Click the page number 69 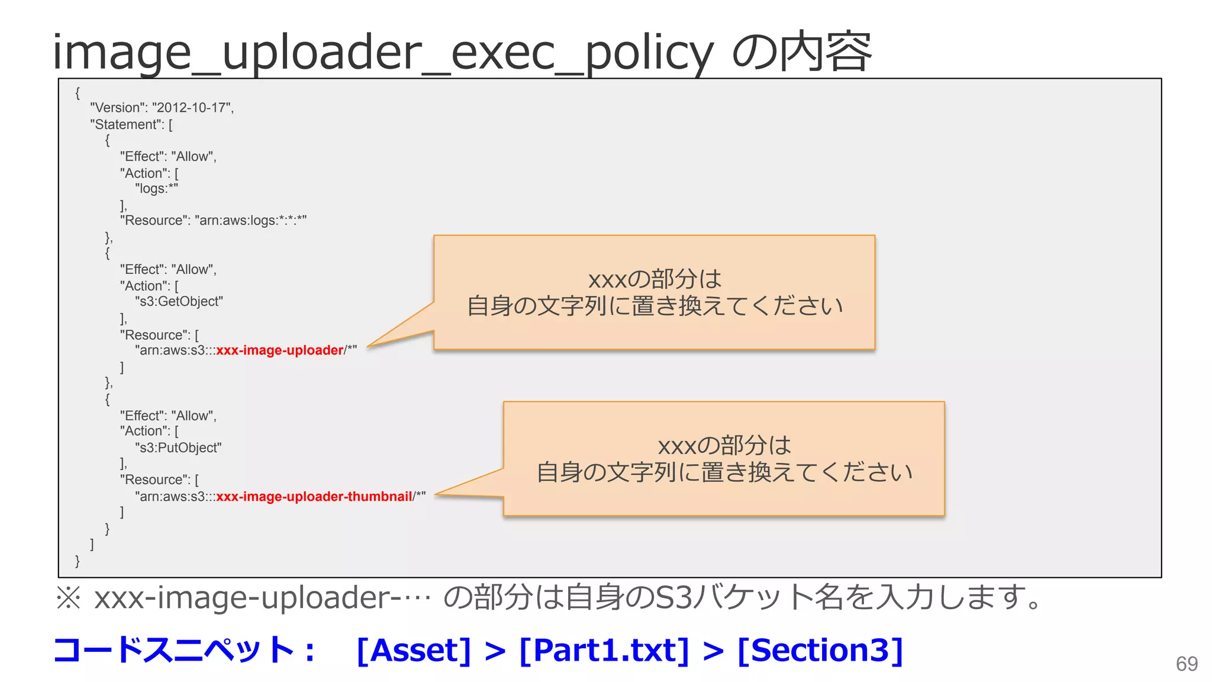tap(1187, 664)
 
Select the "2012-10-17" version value tap(192, 108)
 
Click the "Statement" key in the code tap(127, 124)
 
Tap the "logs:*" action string tap(156, 189)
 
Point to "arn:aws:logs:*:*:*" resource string tap(250, 221)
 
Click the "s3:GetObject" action tap(179, 301)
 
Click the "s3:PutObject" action tap(178, 448)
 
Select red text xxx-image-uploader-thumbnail tap(314, 497)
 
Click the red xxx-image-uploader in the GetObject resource tap(280, 350)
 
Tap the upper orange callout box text tap(654, 292)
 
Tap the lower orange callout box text tap(724, 459)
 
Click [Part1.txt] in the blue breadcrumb tap(604, 650)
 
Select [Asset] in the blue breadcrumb tap(414, 650)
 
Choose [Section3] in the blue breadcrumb tap(820, 650)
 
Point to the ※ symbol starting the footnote tap(68, 597)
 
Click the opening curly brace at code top tap(78, 93)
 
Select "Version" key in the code tap(118, 108)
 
